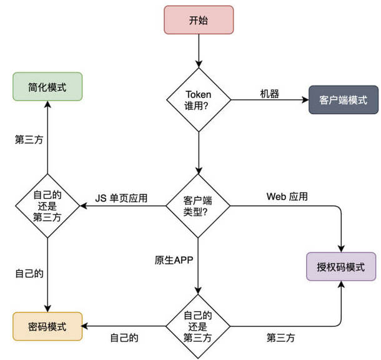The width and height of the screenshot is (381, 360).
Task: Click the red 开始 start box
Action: tap(199, 20)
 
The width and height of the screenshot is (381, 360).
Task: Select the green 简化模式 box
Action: tap(47, 87)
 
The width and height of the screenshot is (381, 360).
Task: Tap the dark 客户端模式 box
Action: tap(344, 100)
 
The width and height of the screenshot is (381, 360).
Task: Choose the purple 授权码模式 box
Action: tap(341, 266)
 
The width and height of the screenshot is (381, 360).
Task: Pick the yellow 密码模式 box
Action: tap(47, 326)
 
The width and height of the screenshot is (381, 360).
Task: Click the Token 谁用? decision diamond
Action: tap(199, 100)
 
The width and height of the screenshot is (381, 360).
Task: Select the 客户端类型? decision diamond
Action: tap(198, 206)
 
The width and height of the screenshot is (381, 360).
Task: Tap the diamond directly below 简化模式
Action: tap(47, 206)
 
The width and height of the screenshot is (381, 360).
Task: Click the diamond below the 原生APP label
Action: tap(198, 326)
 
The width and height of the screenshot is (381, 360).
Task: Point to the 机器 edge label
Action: tap(270, 94)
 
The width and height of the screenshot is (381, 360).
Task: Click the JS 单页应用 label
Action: tap(121, 198)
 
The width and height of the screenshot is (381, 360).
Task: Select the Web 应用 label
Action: tap(287, 197)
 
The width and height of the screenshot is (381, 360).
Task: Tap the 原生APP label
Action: tap(174, 260)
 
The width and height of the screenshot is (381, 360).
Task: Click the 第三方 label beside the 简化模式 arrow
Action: tap(29, 140)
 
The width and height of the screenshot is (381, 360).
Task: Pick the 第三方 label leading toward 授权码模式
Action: tap(280, 338)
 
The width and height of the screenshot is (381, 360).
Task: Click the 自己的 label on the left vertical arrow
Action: tap(29, 273)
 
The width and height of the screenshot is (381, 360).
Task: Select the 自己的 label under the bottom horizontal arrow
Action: tap(124, 338)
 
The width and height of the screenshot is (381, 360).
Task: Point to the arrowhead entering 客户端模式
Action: tap(305, 100)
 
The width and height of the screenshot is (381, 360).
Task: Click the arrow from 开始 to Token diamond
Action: tap(199, 51)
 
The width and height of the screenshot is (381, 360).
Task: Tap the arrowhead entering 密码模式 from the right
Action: tap(84, 326)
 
